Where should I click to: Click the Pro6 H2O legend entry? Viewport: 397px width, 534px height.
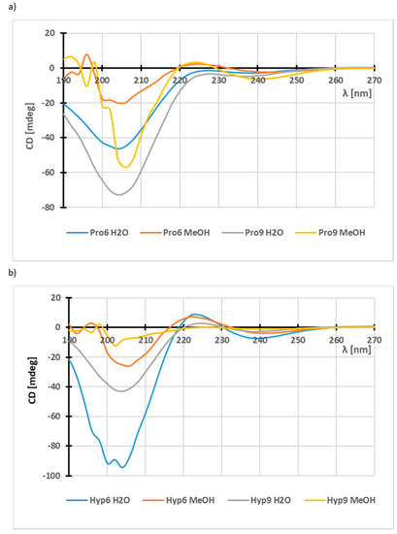click(97, 233)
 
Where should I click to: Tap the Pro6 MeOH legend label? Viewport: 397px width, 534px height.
click(186, 233)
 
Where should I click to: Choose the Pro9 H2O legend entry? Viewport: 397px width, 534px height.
click(252, 233)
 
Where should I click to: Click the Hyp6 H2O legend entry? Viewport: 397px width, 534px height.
click(98, 500)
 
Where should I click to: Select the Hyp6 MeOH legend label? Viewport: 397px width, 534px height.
click(190, 500)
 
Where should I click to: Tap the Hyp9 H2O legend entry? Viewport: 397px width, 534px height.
click(259, 500)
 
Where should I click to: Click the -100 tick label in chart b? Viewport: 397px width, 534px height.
click(51, 476)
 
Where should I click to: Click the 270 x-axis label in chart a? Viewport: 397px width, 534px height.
click(375, 80)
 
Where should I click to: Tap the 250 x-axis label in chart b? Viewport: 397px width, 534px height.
click(298, 340)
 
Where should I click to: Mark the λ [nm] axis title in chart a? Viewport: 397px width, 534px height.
click(356, 93)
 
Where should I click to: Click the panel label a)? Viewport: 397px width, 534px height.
click(13, 7)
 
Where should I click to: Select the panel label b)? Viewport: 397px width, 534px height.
click(13, 273)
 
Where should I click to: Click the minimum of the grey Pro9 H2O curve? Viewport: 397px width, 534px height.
click(118, 195)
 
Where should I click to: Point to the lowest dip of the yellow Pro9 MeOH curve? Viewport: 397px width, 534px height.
click(126, 167)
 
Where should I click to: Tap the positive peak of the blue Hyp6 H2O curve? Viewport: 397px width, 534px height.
click(194, 314)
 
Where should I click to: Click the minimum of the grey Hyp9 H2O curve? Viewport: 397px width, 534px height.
click(121, 391)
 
